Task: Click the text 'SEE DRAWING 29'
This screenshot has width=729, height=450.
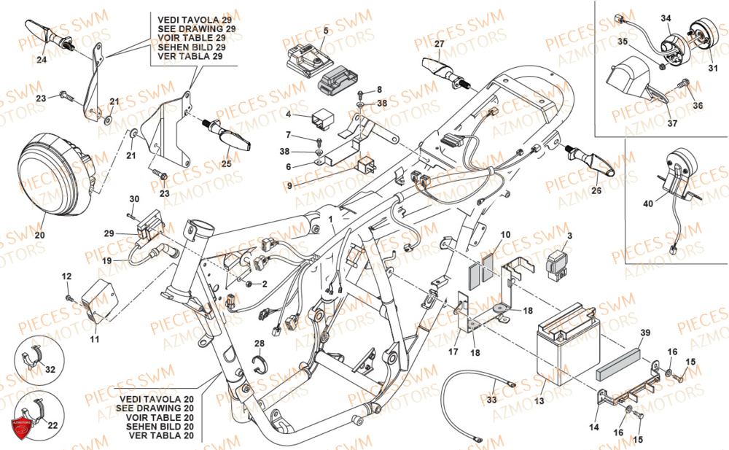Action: click(196, 28)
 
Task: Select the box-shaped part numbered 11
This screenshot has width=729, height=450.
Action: click(101, 299)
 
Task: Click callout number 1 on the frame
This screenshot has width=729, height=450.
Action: click(330, 219)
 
